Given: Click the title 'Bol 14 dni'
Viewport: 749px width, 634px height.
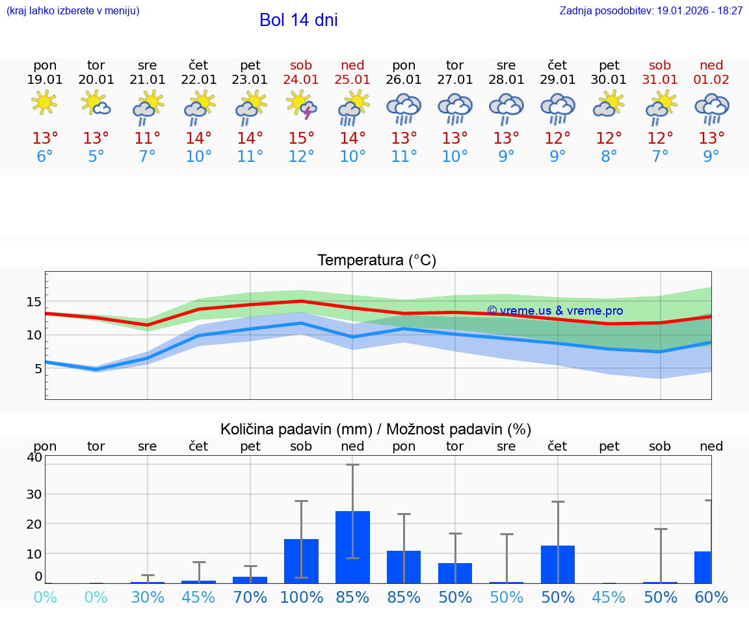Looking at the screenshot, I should (298, 20).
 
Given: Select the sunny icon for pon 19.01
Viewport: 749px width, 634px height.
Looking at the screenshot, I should (44, 103).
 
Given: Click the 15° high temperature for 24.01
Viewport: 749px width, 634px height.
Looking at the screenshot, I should (301, 139).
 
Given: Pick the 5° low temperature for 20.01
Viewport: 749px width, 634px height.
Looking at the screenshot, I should (96, 157).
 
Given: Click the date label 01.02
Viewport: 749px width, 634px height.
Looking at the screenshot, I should (711, 80).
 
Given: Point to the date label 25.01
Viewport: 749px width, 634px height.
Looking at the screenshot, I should (352, 80).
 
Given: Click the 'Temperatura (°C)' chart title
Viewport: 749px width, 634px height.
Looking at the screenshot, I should (376, 261).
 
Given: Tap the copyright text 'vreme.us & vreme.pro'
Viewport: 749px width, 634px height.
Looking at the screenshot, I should (555, 311).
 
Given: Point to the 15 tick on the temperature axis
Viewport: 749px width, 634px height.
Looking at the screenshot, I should (34, 302).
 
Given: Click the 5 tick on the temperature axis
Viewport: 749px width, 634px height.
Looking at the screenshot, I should (37, 369).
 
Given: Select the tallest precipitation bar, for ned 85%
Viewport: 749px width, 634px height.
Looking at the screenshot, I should (352, 547).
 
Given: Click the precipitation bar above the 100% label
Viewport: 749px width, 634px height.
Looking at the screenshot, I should (301, 561).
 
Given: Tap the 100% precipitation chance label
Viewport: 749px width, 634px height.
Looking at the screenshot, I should (301, 598).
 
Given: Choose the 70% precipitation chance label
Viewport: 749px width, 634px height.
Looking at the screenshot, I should (250, 598).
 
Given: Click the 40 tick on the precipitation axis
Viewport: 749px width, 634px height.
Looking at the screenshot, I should (34, 457).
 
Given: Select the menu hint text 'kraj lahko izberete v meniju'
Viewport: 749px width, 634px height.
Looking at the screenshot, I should (73, 11).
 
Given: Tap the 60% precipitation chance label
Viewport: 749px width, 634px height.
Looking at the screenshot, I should (711, 598).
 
